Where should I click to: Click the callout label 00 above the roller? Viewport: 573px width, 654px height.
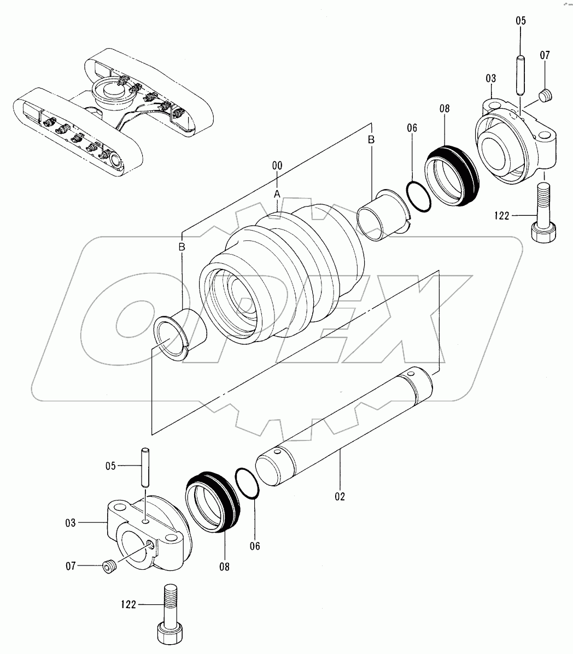(277, 164)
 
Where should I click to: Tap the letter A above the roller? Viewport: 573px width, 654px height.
(277, 194)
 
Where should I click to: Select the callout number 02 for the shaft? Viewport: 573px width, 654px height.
(340, 497)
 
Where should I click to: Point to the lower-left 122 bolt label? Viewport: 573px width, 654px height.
(129, 604)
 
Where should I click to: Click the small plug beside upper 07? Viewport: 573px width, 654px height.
(544, 96)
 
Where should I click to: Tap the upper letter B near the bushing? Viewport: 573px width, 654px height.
(371, 140)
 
